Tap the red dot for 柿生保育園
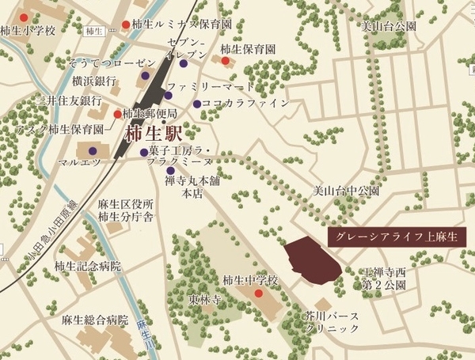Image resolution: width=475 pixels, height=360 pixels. tap(225, 61)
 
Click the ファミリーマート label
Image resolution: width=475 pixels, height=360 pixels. tap(211, 86)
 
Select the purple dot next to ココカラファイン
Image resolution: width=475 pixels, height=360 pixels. tap(196, 104)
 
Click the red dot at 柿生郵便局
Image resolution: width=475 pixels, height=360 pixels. tap(118, 114)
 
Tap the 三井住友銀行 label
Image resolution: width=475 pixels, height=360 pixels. tap(70, 100)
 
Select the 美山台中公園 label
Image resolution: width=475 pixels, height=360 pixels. tap(347, 191)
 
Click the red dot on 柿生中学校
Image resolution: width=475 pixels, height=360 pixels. tap(258, 294)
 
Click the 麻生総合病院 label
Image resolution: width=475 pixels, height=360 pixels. tap(94, 321)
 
